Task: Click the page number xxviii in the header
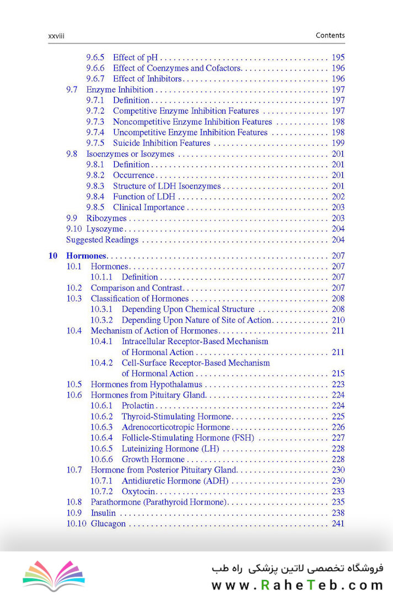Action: pyautogui.click(x=57, y=36)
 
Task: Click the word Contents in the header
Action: pyautogui.click(x=330, y=35)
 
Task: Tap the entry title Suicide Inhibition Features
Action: pyautogui.click(x=161, y=143)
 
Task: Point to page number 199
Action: pyautogui.click(x=338, y=143)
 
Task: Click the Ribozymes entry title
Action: pyautogui.click(x=107, y=218)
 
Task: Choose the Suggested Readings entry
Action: pyautogui.click(x=102, y=239)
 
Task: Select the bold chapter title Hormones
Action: pyautogui.click(x=86, y=256)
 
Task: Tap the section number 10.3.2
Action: pyautogui.click(x=102, y=320)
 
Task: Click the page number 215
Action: pyautogui.click(x=338, y=373)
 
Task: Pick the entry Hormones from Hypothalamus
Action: pyautogui.click(x=146, y=384)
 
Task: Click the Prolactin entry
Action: pyautogui.click(x=138, y=405)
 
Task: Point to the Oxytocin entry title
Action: pyautogui.click(x=139, y=491)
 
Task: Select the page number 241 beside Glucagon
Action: pyautogui.click(x=338, y=523)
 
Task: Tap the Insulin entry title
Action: pyautogui.click(x=103, y=513)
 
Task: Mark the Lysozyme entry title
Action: pyautogui.click(x=105, y=229)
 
